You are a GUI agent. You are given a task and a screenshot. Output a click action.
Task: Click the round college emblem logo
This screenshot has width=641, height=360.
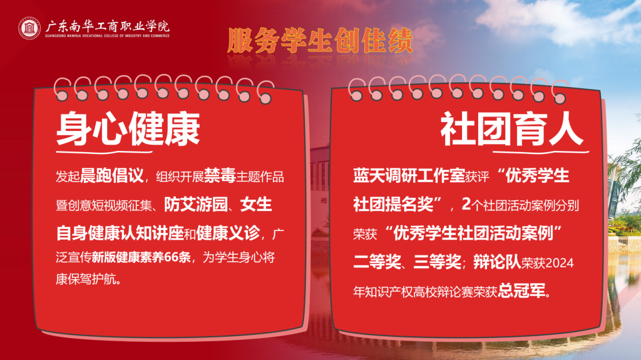[29, 28]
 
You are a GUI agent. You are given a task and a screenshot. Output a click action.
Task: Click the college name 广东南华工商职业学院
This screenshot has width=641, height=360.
[107, 26]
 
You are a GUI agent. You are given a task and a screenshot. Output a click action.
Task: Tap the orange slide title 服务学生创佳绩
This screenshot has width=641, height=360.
[320, 41]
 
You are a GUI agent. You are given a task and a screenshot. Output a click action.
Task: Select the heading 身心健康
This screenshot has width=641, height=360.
[128, 129]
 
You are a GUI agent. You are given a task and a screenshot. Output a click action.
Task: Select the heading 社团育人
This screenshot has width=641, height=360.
[511, 129]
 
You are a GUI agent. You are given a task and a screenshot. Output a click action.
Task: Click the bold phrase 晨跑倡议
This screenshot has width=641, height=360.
[112, 176]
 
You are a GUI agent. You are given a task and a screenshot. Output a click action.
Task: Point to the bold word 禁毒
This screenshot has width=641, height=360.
[220, 176]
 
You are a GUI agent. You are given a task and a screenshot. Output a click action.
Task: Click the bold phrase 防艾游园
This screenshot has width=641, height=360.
[196, 205]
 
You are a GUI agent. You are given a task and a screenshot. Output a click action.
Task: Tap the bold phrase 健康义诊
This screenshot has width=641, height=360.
[228, 233]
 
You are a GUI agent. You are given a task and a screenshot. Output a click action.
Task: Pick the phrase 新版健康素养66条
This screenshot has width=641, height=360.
[141, 257]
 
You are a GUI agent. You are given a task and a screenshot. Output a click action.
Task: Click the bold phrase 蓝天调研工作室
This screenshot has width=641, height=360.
[409, 176]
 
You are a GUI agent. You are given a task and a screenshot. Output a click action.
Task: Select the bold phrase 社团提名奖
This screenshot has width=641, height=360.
[393, 205]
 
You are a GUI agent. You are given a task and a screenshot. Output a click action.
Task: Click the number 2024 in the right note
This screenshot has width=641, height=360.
[560, 263]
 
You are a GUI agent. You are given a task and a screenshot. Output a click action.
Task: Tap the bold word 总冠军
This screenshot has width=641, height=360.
[522, 291]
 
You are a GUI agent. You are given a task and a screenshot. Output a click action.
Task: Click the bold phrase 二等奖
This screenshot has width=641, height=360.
[377, 262]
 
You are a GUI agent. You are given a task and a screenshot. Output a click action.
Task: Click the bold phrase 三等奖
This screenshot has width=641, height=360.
[438, 262]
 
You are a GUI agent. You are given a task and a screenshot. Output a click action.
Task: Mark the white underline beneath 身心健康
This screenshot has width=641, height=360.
[105, 152]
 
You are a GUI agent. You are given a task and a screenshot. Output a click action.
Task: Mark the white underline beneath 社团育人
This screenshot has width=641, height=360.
[540, 152]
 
